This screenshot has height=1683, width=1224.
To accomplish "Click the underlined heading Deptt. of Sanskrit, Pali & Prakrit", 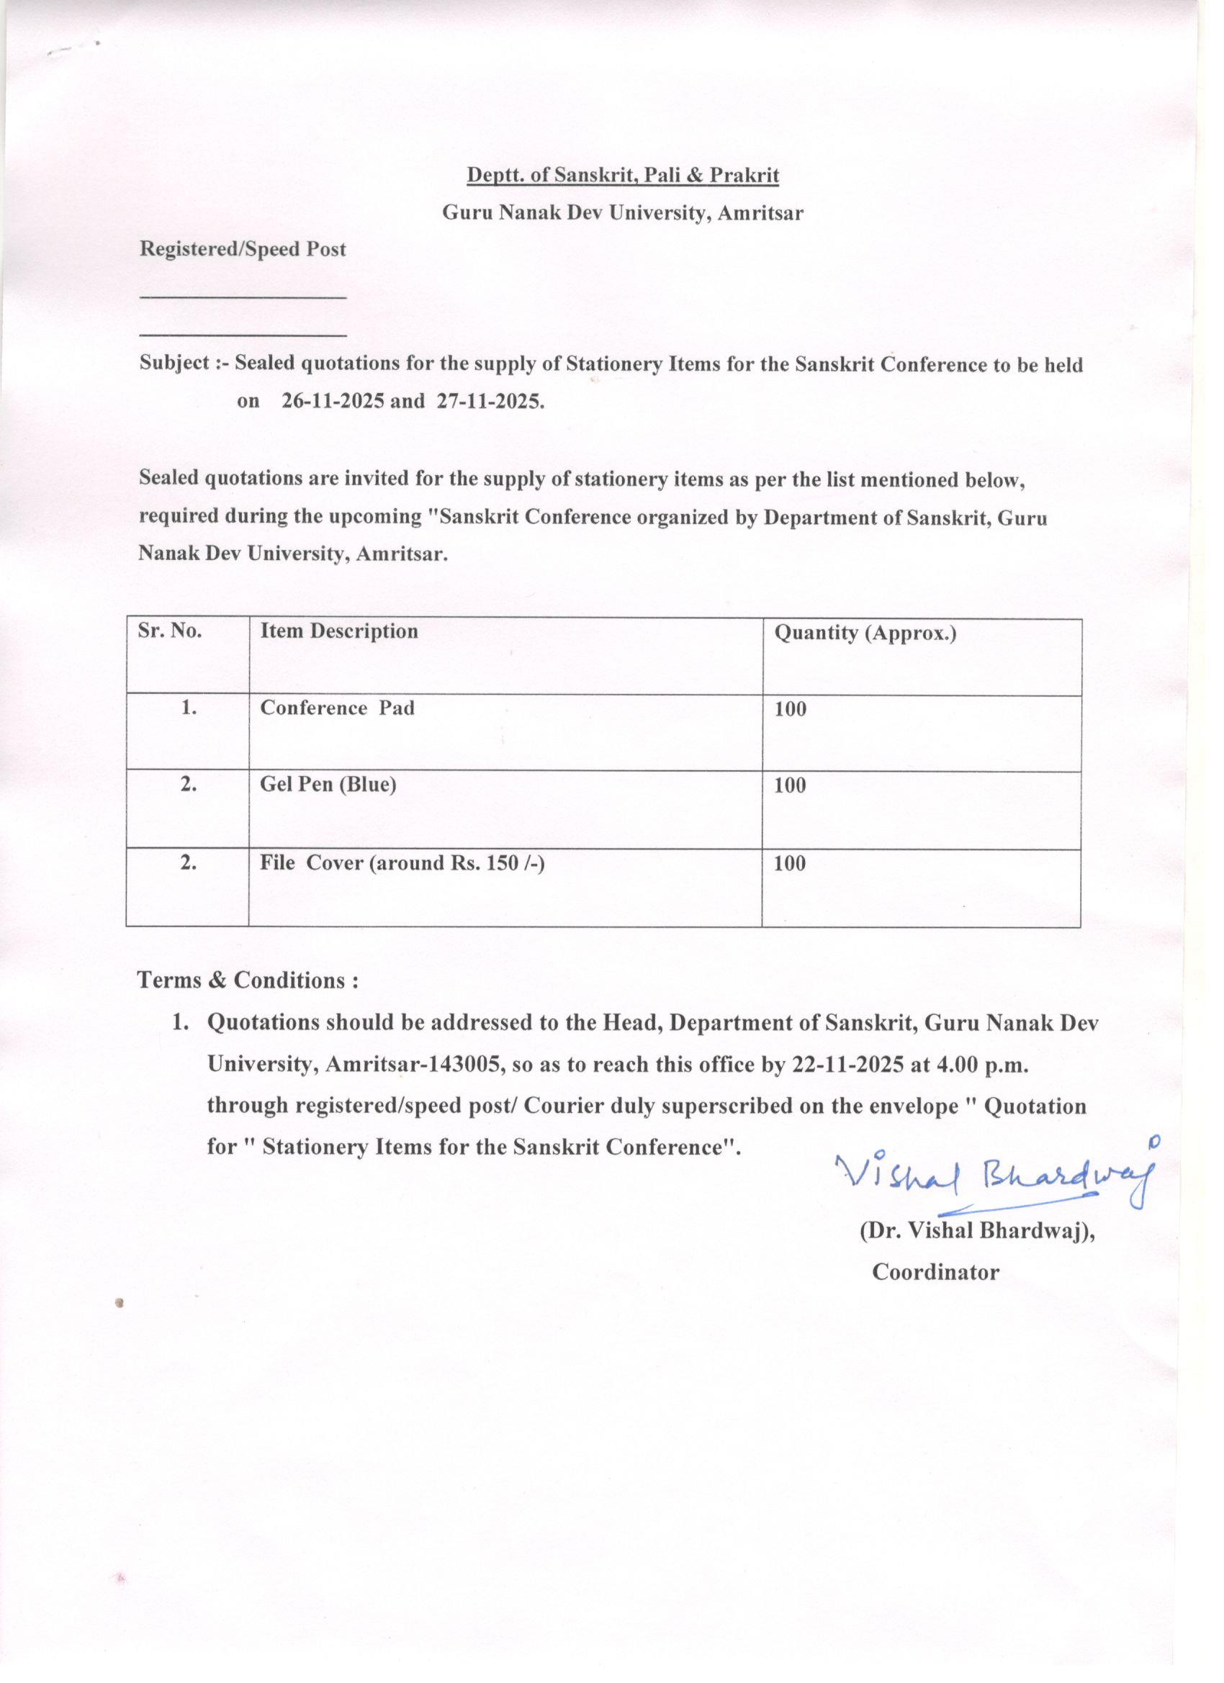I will (622, 175).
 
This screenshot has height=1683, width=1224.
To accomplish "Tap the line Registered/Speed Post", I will (243, 249).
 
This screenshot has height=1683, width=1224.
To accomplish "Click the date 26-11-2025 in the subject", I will (333, 402).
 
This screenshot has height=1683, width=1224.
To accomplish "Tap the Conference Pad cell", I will (337, 708).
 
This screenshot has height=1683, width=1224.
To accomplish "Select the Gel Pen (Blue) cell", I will (328, 785).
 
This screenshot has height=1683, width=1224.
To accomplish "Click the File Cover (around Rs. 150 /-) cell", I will (402, 862).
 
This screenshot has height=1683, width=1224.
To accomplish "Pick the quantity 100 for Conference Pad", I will (790, 710).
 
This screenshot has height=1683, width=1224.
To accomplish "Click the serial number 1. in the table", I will (189, 708).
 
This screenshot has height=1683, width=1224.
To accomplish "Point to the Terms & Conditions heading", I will (248, 980).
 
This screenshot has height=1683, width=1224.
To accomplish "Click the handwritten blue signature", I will (994, 1176).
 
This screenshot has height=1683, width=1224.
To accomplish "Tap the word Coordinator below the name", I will (935, 1272).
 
